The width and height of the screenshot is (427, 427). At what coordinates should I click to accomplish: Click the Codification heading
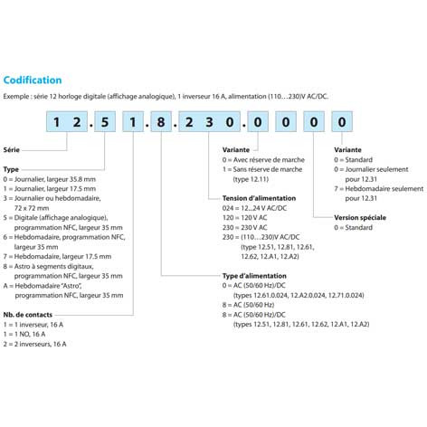tap(33, 80)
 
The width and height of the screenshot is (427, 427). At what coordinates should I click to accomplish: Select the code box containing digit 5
tap(105, 121)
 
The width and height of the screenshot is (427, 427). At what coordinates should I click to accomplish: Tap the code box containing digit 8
tap(161, 121)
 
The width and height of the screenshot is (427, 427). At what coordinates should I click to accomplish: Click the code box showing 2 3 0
tap(209, 121)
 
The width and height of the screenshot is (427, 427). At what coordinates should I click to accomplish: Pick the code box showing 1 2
tap(67, 121)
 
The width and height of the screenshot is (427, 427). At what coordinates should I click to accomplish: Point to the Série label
tap(12, 150)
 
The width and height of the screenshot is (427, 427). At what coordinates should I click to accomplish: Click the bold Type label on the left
tap(11, 169)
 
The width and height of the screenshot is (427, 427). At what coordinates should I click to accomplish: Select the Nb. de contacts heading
tap(28, 315)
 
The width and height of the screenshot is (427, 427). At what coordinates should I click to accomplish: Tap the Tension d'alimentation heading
tap(259, 198)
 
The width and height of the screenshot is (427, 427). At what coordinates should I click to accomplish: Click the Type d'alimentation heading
tap(254, 276)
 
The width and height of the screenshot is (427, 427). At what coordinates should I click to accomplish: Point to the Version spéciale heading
tap(360, 217)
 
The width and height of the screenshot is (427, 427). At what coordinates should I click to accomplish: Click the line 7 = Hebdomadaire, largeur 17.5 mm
tap(57, 256)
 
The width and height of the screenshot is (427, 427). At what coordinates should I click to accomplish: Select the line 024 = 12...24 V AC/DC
tap(254, 208)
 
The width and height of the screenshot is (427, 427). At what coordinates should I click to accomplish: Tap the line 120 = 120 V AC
tap(244, 217)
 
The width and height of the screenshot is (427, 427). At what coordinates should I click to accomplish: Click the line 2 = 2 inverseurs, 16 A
tap(34, 344)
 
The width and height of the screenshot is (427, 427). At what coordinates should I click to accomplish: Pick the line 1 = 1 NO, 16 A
tap(24, 334)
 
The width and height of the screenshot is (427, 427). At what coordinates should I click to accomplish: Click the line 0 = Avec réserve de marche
tap(263, 159)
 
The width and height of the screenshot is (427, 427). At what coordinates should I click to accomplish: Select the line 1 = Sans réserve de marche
tap(262, 169)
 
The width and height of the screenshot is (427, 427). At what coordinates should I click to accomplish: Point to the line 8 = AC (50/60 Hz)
tap(248, 305)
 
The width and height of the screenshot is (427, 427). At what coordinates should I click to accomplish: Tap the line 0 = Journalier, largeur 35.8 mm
tap(50, 179)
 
